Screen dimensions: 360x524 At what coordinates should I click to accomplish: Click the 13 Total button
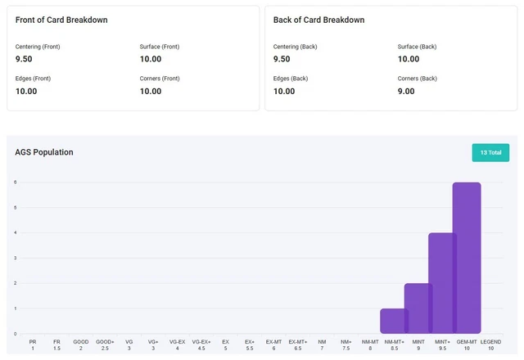490,152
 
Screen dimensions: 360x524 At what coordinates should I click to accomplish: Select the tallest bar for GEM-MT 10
467,258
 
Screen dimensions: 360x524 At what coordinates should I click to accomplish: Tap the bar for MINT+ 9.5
442,283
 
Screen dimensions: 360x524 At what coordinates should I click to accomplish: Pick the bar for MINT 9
418,308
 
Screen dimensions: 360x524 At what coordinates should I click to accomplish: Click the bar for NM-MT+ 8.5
394,321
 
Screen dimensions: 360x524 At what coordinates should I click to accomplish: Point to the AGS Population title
44,152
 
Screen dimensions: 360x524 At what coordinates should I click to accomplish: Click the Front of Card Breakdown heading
61,20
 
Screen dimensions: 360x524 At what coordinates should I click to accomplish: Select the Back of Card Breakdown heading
318,20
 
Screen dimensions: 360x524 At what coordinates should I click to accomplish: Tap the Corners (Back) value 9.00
406,91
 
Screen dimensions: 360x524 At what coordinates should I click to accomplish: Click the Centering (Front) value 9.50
25,59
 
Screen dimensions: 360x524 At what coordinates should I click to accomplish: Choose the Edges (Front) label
33,79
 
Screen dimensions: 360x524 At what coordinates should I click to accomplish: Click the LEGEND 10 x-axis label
490,344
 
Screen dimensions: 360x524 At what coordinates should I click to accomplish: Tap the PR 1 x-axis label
33,344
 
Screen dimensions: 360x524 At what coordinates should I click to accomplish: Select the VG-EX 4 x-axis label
177,344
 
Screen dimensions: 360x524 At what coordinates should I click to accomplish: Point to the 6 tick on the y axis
15,182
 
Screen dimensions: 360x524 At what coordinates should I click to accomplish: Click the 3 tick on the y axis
15,258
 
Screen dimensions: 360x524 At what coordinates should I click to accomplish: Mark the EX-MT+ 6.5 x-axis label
298,344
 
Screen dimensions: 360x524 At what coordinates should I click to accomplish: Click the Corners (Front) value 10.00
151,91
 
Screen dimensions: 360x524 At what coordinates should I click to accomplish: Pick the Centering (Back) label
295,47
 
